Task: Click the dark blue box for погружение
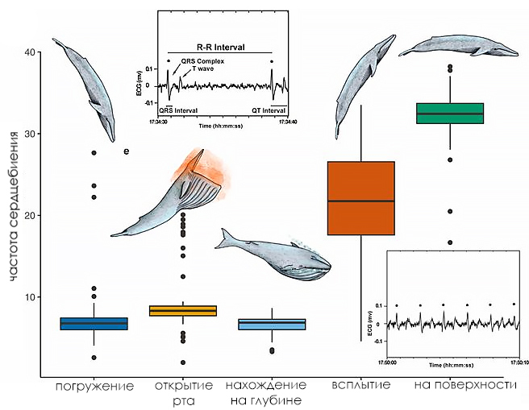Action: (94, 323)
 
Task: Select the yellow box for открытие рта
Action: (184, 311)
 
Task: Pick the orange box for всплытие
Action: (360, 198)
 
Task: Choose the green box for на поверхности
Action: (449, 114)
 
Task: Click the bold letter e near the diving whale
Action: (126, 151)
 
